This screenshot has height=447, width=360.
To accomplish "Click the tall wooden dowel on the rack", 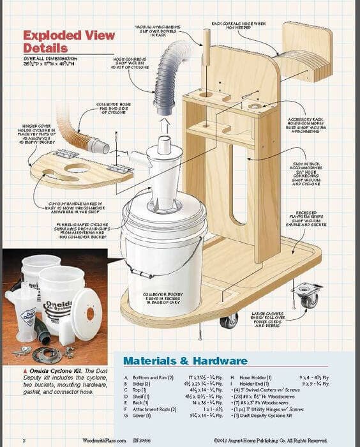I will point(206,64).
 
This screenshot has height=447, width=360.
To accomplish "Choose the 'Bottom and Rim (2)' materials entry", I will point(153,378).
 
